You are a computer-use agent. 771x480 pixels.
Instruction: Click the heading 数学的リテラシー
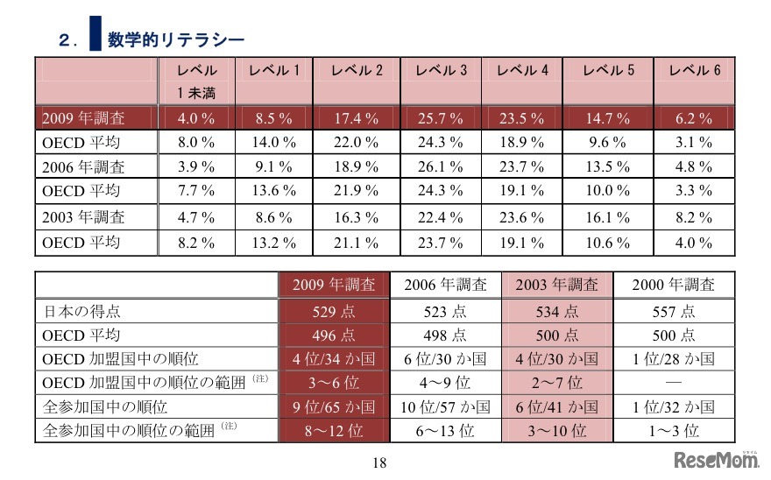point(175,39)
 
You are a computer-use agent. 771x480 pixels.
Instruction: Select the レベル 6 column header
point(695,71)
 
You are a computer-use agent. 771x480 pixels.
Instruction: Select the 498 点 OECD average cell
point(446,335)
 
